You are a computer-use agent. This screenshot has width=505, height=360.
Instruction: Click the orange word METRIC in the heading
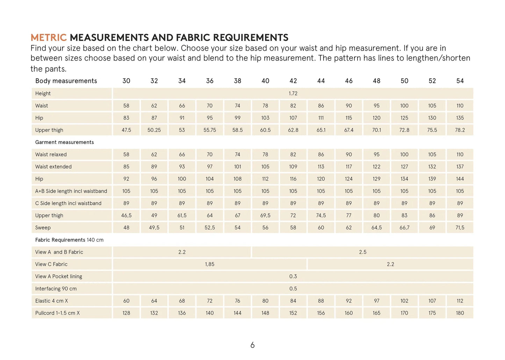[48, 37]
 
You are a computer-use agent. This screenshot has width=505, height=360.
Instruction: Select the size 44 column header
[321, 81]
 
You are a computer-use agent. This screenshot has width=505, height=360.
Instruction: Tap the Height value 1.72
[293, 93]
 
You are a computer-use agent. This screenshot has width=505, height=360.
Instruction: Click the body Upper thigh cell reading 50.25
[154, 130]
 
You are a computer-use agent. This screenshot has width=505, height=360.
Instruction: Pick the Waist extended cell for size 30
[126, 167]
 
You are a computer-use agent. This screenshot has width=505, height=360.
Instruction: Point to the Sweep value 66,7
[404, 228]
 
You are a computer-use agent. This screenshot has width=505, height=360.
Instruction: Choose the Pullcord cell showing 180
[460, 313]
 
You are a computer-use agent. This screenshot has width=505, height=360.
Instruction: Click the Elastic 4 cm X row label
[52, 301]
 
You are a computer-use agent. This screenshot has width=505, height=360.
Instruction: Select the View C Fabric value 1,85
[210, 264]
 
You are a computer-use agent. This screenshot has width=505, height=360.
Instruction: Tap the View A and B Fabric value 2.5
[363, 252]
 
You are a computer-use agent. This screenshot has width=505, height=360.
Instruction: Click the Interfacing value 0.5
[293, 289]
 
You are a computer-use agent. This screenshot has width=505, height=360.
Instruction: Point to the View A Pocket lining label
[59, 276]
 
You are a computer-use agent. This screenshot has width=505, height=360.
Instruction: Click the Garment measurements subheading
[64, 142]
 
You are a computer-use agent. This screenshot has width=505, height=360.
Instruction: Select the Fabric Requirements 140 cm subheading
[69, 240]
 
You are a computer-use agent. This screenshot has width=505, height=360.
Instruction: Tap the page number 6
[252, 345]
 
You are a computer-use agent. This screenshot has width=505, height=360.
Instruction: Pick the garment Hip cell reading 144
[460, 179]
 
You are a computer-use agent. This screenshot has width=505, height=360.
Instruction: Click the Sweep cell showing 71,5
[460, 228]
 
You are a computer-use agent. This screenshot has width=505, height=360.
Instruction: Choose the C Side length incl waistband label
[68, 203]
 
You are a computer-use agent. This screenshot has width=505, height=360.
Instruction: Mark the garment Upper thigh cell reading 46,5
[126, 216]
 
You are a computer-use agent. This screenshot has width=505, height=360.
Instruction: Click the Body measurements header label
[66, 81]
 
